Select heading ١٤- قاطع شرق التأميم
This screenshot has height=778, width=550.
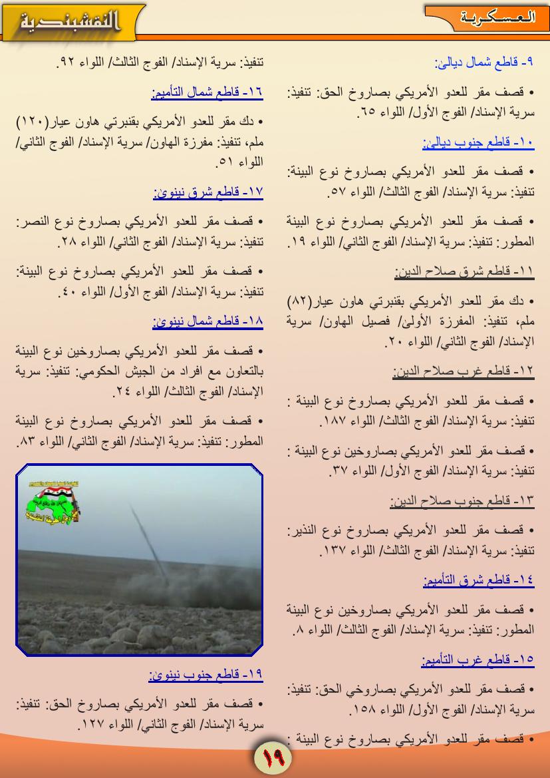coord(478,580)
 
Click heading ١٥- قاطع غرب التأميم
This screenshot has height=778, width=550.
coord(478,660)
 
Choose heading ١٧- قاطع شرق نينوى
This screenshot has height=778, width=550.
coord(207,192)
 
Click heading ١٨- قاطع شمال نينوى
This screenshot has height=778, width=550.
coord(207,321)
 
